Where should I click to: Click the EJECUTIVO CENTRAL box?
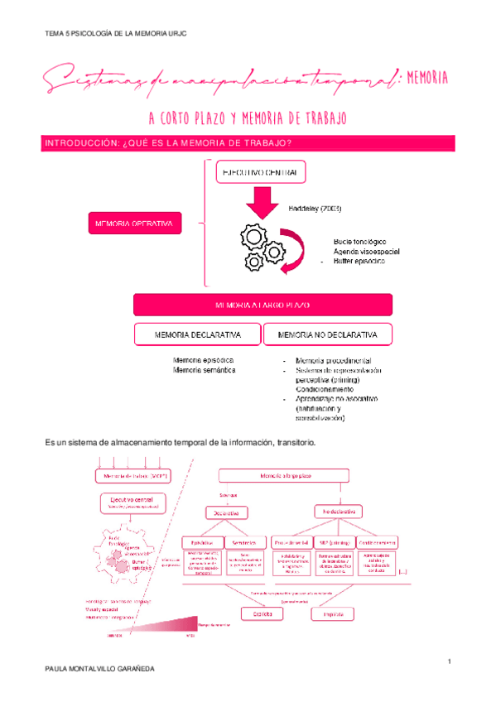coord(260,172)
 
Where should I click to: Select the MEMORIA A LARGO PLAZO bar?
coord(262,305)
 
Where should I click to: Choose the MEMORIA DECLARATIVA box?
coord(197,334)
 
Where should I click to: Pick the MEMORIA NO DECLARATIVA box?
coord(327,334)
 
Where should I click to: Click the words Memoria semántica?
coord(204,371)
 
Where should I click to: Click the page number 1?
coord(448,660)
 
